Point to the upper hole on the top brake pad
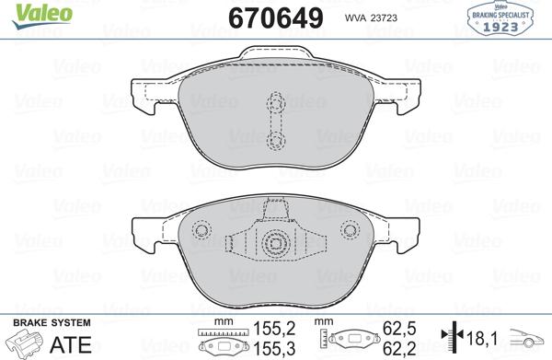[274, 103]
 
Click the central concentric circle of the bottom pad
[275, 245]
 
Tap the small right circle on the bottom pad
[347, 230]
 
